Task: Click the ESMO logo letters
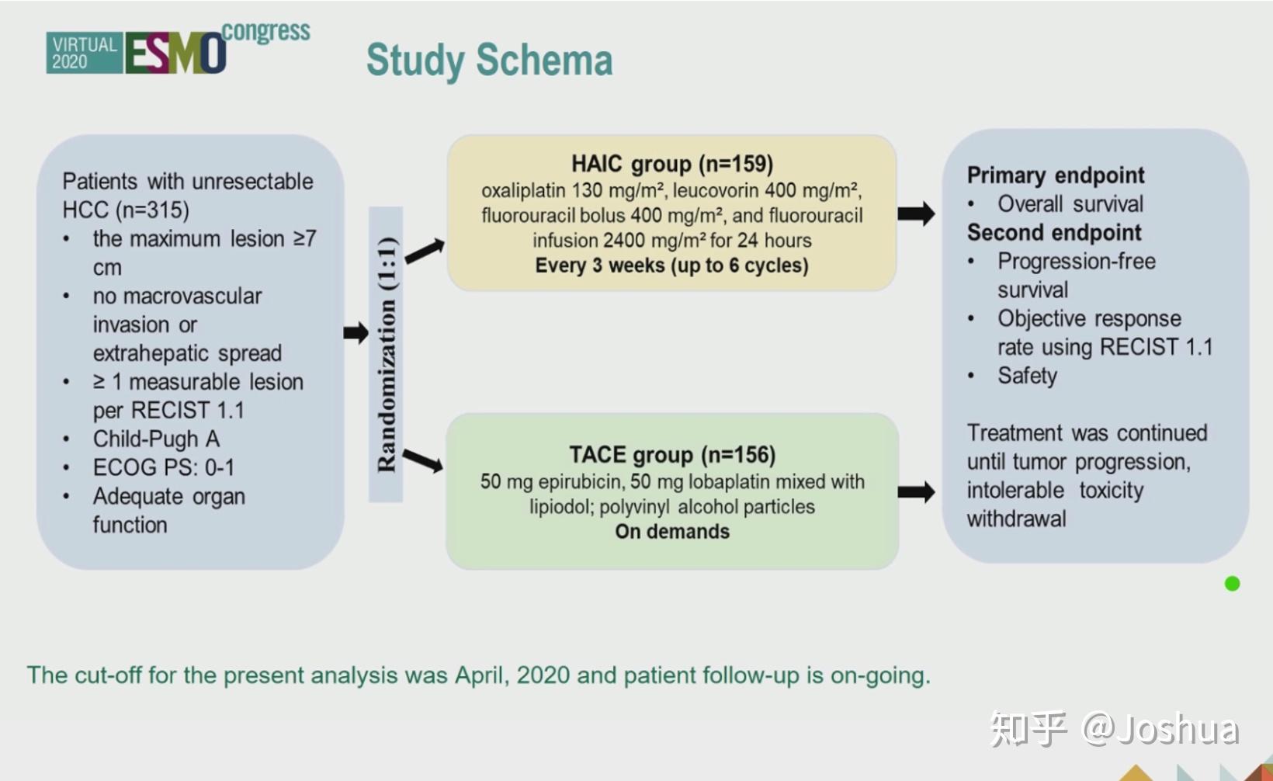[175, 53]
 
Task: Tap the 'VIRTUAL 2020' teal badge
[84, 53]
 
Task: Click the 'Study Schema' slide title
[489, 61]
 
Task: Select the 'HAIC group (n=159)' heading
[672, 164]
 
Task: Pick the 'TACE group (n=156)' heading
[672, 455]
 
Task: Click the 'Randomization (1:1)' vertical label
[387, 354]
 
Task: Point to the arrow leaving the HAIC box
[916, 213]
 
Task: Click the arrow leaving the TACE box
[916, 491]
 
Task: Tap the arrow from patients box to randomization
[356, 332]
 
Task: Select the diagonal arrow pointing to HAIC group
[425, 251]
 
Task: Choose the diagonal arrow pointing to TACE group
[423, 460]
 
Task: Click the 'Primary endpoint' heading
[1056, 175]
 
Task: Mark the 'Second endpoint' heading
[1054, 232]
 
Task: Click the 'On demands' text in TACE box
[672, 532]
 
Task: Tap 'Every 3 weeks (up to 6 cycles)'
[671, 266]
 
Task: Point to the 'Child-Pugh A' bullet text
[156, 439]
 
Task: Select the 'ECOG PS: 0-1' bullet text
[164, 467]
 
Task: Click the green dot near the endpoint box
[1232, 584]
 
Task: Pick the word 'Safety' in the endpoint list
[1028, 376]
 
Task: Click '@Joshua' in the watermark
[1160, 728]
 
